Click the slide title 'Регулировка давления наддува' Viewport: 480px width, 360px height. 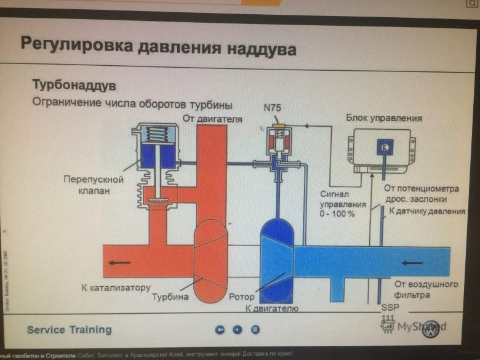(x=158, y=46)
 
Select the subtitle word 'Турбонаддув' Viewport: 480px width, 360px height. (x=74, y=84)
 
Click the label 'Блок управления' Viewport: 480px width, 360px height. (x=383, y=118)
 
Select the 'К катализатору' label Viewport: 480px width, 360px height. (x=116, y=287)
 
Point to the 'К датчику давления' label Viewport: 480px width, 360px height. (x=425, y=211)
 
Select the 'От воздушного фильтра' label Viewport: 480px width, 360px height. (x=427, y=289)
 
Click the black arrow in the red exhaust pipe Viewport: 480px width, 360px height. (x=120, y=261)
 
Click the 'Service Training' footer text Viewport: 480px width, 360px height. (x=69, y=330)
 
